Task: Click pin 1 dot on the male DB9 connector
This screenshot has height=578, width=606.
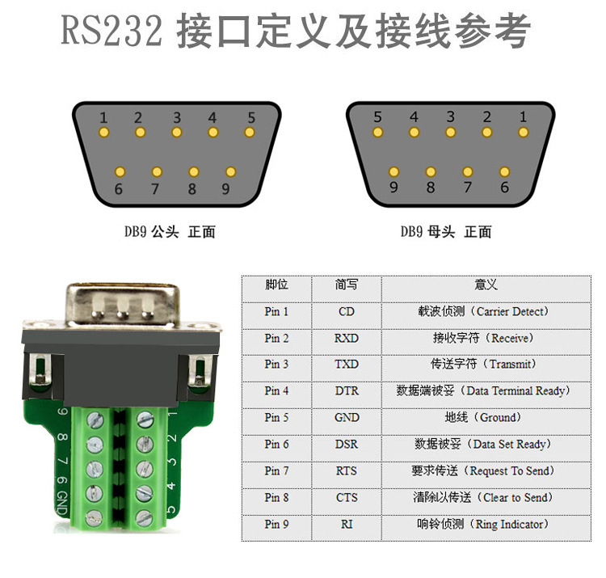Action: point(103,132)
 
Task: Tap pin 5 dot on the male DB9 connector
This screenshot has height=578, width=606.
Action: point(250,132)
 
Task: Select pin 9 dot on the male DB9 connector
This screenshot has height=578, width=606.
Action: point(230,172)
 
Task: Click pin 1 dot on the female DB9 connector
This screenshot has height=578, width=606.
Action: point(523,132)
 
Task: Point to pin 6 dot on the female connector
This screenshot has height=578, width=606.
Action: point(505,172)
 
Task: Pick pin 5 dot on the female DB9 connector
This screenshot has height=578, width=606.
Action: point(377,132)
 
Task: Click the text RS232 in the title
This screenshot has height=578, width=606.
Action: point(112,33)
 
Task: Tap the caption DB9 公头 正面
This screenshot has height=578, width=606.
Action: point(170,232)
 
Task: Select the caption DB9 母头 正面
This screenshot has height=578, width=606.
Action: point(445,232)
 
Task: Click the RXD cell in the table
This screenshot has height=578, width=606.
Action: point(346,338)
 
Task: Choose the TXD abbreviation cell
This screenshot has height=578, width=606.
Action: point(346,365)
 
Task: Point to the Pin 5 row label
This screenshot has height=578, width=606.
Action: point(276,418)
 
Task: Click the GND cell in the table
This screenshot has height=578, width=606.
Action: point(346,418)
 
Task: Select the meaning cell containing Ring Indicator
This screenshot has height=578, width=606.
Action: point(478,525)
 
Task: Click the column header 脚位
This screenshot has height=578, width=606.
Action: point(276,285)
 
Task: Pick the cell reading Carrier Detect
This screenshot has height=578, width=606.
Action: point(478,311)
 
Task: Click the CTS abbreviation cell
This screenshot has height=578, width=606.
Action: point(346,498)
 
